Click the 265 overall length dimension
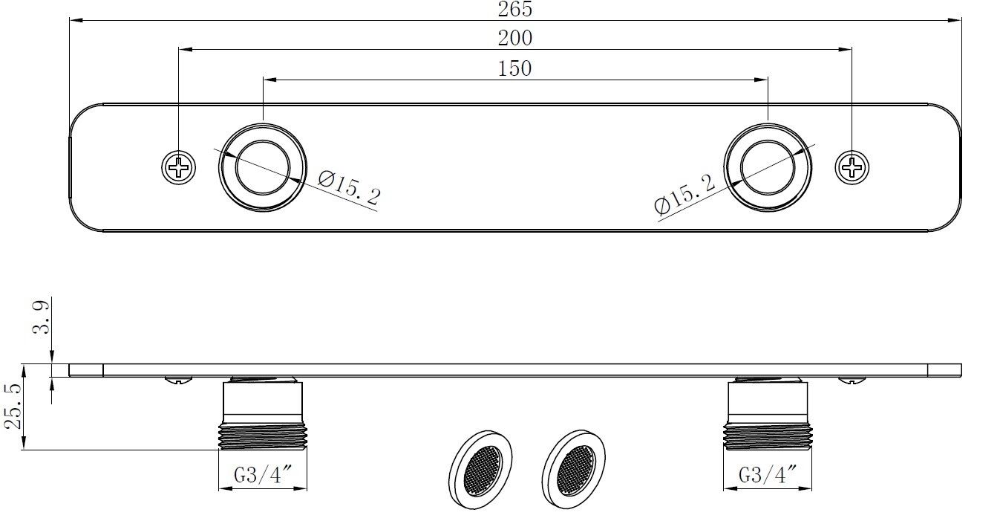click(x=516, y=9)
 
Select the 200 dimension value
click(x=516, y=38)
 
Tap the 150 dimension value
click(x=515, y=68)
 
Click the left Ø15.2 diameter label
click(x=349, y=187)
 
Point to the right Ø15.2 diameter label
click(x=685, y=195)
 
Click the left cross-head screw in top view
click(x=179, y=167)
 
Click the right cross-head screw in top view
click(x=852, y=167)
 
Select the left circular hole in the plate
click(x=262, y=167)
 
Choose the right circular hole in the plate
click(x=768, y=167)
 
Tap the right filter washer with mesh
click(x=573, y=470)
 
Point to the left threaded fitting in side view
click(x=263, y=416)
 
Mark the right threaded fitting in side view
click(x=768, y=416)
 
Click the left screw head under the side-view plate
click(x=179, y=380)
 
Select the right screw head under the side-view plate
click(x=852, y=380)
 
